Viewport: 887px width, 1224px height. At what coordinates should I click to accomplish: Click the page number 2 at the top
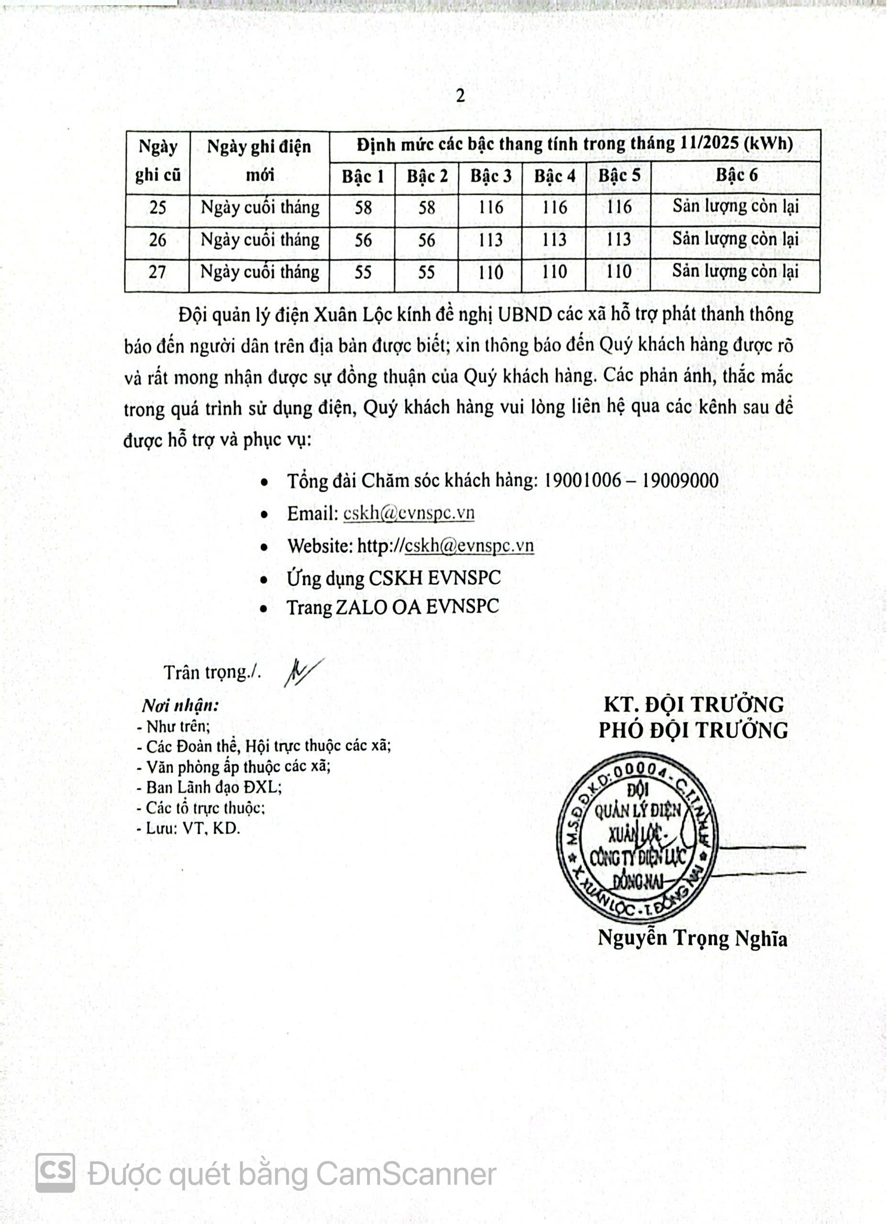[x=460, y=96]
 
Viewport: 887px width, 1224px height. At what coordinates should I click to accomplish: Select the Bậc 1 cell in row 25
[x=363, y=208]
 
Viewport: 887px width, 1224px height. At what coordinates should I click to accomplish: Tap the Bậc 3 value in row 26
[x=490, y=240]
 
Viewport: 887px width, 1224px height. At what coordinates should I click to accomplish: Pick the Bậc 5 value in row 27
[x=618, y=272]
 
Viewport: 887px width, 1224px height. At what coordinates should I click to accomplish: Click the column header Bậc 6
[x=736, y=175]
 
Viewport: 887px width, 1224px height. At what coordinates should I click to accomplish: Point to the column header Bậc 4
[x=554, y=176]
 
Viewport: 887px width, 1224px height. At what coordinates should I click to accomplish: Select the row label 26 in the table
[x=157, y=240]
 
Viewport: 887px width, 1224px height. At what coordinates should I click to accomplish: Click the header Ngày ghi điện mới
[x=259, y=160]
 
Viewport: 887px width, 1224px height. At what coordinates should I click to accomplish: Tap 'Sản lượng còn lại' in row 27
[x=735, y=272]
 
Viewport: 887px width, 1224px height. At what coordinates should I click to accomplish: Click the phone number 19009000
[x=680, y=481]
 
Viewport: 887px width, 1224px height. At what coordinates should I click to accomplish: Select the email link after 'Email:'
[x=409, y=513]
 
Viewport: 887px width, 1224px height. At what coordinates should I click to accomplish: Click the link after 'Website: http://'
[x=469, y=546]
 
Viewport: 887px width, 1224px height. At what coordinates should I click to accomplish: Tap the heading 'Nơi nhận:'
[x=180, y=705]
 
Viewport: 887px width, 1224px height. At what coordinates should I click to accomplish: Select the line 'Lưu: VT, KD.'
[x=189, y=829]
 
